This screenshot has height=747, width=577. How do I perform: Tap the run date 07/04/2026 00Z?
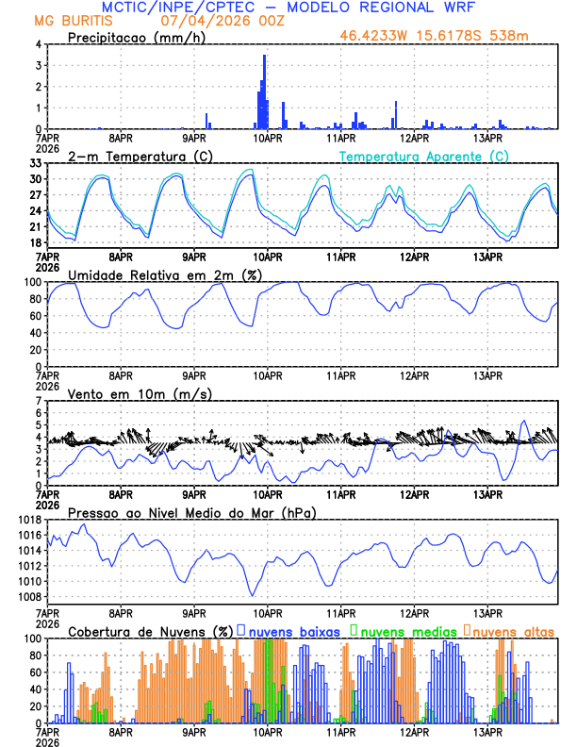click(216, 21)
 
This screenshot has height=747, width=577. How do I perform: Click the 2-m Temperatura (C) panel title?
click(140, 156)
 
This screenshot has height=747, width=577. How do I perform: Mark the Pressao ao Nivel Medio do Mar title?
click(191, 512)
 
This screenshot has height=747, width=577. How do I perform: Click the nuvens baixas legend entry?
click(293, 631)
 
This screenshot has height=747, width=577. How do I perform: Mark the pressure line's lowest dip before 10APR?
click(252, 595)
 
